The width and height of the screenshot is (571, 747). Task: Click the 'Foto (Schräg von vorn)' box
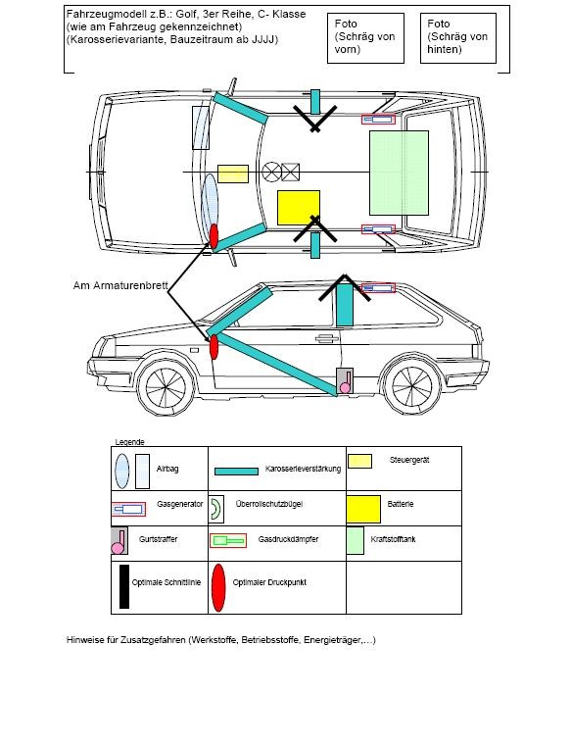[365, 38]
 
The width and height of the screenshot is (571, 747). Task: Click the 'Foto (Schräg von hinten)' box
[458, 38]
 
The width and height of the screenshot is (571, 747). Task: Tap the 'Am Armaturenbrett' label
[120, 285]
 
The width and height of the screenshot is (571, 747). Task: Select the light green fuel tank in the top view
[400, 173]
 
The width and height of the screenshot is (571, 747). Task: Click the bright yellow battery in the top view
[299, 208]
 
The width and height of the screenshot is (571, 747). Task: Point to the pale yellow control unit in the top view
[233, 174]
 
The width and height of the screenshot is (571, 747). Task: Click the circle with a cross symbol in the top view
[271, 172]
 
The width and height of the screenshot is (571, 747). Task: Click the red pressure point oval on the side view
[214, 347]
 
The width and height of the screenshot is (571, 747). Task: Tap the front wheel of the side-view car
[166, 386]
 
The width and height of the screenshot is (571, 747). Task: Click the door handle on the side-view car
[327, 338]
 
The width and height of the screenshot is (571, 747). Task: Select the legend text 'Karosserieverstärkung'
[303, 469]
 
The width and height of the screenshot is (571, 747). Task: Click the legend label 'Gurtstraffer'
[158, 539]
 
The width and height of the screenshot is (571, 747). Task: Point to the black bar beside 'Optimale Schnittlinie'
[124, 586]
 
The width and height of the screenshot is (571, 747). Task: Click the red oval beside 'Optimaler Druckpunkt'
[218, 588]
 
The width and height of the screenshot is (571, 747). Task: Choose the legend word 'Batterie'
[401, 504]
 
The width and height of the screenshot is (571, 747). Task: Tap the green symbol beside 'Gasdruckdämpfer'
[228, 541]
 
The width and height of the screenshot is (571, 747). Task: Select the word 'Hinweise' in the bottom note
[84, 640]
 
